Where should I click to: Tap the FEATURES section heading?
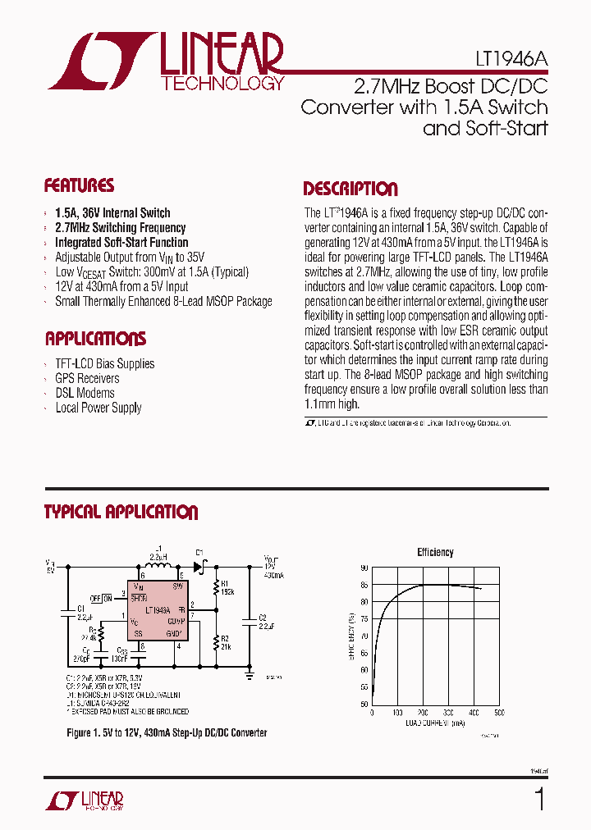point(79,185)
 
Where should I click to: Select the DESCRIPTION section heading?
point(350,189)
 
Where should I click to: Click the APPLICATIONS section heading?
point(95,339)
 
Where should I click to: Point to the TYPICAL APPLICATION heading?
point(121,513)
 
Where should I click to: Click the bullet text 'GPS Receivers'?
point(87,378)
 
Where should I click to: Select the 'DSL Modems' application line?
point(85,393)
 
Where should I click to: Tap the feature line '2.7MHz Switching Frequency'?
point(120,227)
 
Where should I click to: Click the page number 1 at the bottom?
point(539,799)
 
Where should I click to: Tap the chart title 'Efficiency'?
point(435,552)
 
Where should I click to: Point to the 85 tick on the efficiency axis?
point(364,585)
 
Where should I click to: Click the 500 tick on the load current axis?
point(499,713)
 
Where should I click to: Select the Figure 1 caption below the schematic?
point(167,732)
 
